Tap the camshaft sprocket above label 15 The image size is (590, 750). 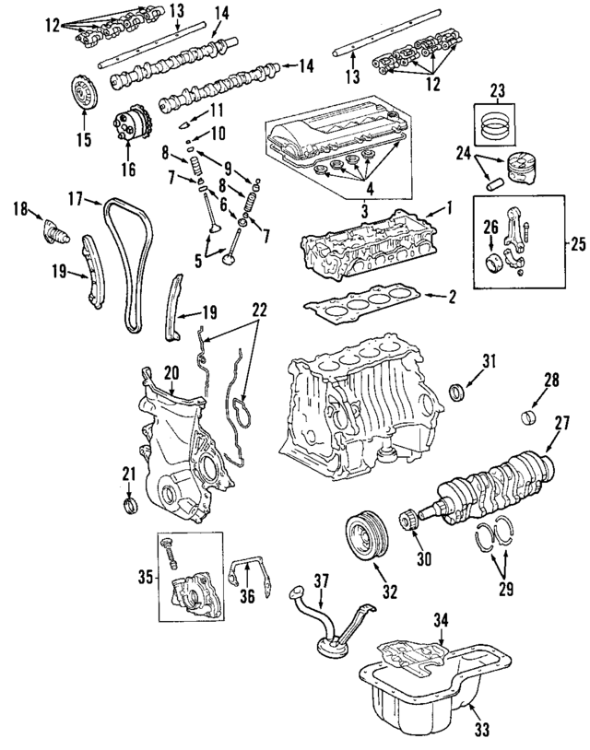(83, 95)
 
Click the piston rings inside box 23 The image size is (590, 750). (498, 123)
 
